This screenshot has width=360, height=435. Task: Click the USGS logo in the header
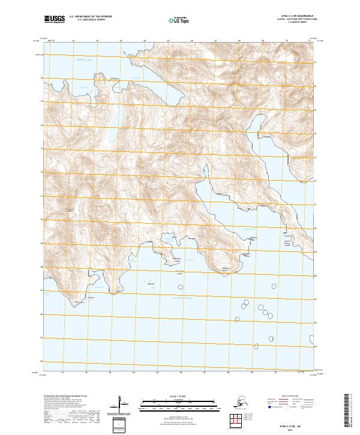55,20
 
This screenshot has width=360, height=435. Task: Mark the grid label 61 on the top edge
73,43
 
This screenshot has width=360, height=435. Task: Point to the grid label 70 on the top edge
286,43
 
